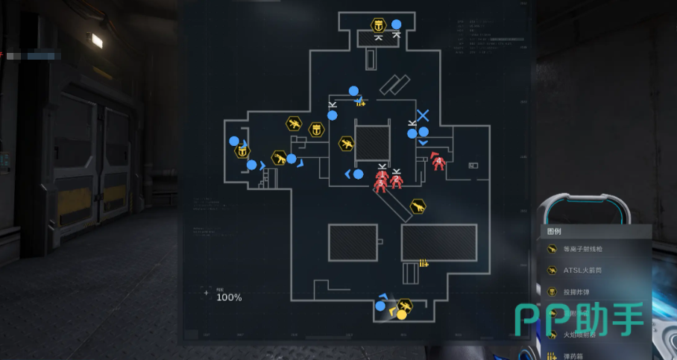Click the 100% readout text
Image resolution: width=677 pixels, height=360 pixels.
tap(229, 297)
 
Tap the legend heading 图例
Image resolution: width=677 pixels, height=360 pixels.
tap(554, 232)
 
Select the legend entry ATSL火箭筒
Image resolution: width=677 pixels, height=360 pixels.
tap(582, 271)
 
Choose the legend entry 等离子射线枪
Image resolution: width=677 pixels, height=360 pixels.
tap(583, 250)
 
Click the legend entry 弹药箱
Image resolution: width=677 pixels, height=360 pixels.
tap(576, 356)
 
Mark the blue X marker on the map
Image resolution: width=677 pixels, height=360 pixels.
tap(423, 116)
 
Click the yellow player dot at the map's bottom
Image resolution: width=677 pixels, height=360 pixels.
tap(401, 315)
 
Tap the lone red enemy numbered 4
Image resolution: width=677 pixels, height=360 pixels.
tap(438, 161)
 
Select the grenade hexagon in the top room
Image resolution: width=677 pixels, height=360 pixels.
tap(378, 25)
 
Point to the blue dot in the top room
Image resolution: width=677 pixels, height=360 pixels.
tap(397, 24)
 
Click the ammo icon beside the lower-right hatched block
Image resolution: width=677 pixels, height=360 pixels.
tap(424, 262)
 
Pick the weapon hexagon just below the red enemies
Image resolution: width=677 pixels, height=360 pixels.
tap(418, 206)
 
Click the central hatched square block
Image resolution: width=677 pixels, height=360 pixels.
tap(373, 140)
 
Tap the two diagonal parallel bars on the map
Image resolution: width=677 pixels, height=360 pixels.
tap(394, 85)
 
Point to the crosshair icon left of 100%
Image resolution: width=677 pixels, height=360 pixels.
tap(207, 292)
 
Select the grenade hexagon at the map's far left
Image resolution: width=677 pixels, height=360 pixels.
tap(242, 151)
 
